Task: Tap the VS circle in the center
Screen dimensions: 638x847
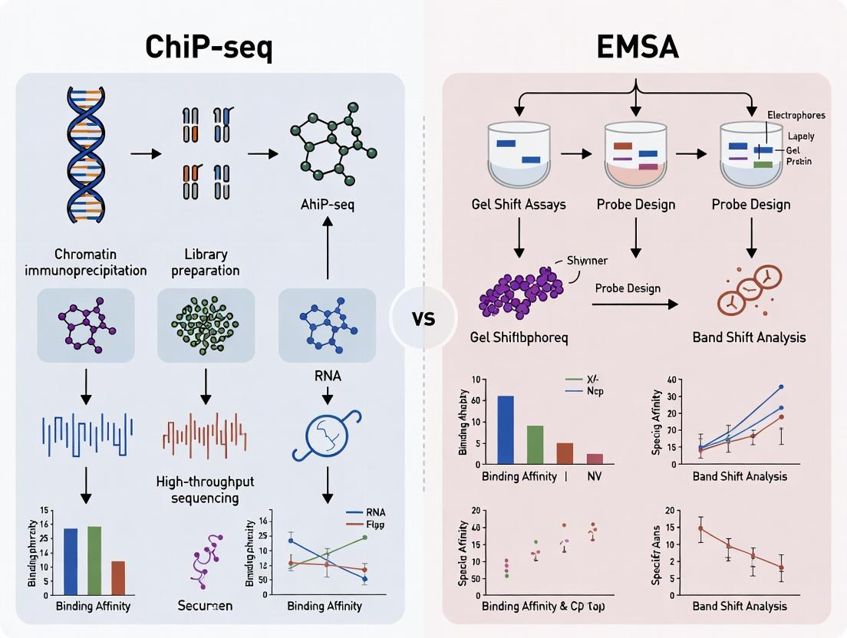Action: (423, 318)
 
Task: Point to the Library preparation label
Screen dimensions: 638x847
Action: (205, 261)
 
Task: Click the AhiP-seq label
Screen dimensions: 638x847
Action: (328, 205)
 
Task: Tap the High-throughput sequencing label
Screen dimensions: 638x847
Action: (205, 489)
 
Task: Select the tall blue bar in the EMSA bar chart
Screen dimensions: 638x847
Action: (506, 429)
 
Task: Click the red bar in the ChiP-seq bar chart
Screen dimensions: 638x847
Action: (118, 578)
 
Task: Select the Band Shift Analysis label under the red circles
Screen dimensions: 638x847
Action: (748, 337)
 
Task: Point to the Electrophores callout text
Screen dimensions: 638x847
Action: (796, 115)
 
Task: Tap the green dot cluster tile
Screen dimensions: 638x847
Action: (205, 325)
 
